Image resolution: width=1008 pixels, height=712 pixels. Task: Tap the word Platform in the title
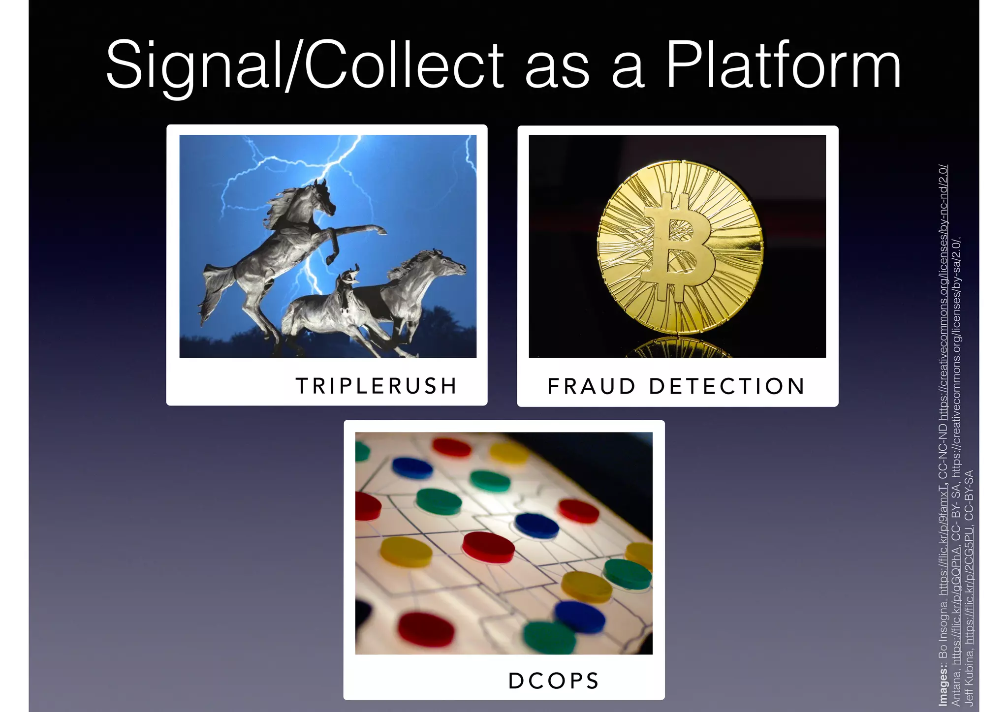(783, 66)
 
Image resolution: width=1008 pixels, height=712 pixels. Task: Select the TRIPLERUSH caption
(377, 386)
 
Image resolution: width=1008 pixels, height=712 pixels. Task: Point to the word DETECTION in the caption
(727, 386)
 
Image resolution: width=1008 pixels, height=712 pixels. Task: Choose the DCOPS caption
(554, 681)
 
